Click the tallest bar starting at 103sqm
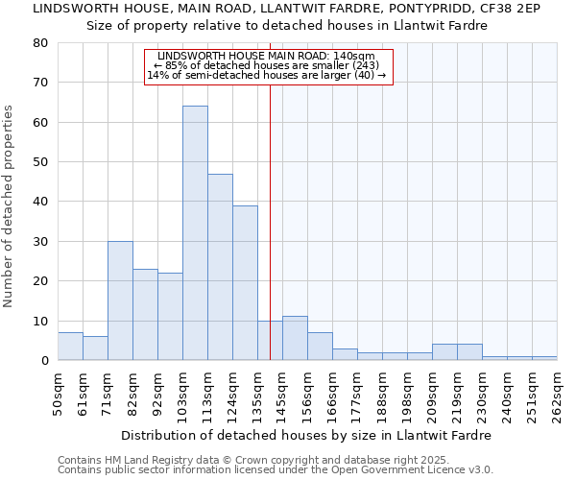coord(195,233)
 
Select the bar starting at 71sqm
coord(120,300)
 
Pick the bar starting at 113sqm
coord(220,267)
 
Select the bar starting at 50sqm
coord(70,347)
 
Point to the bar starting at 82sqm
coord(145,315)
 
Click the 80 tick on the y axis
coord(40,42)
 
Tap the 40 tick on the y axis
coord(40,202)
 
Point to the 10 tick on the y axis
coord(40,321)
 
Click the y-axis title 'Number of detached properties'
coord(10,206)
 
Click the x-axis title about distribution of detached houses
coord(307,435)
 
